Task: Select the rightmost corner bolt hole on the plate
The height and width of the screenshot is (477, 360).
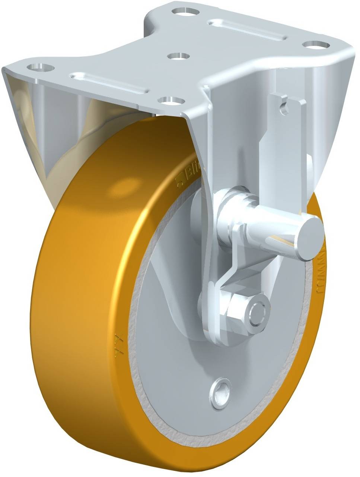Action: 316,44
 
